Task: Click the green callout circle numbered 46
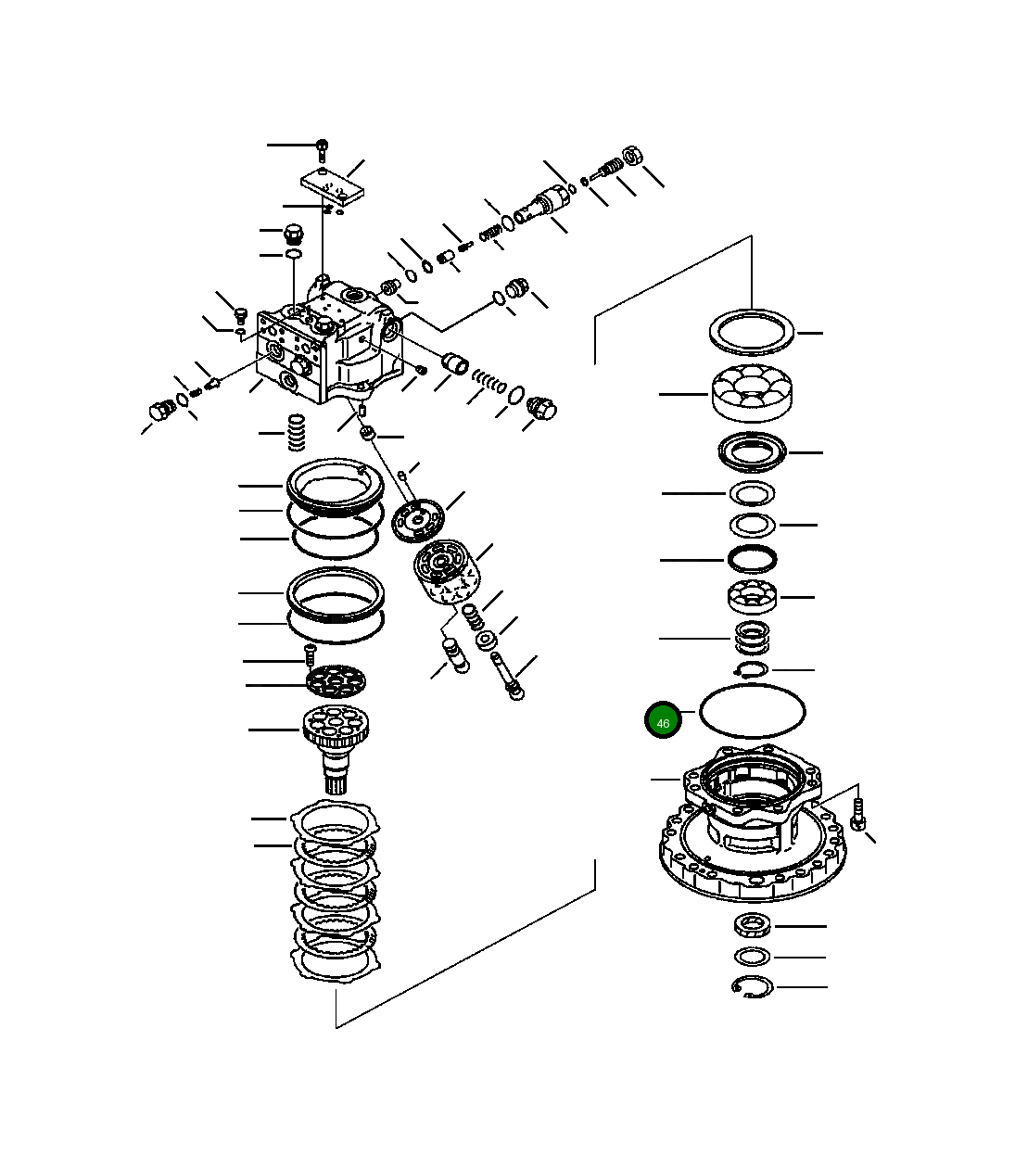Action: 663,721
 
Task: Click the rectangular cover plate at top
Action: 333,185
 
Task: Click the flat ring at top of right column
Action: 752,331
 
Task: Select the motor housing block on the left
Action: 329,348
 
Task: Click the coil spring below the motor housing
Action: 296,432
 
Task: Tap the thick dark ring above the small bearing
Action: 751,560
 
